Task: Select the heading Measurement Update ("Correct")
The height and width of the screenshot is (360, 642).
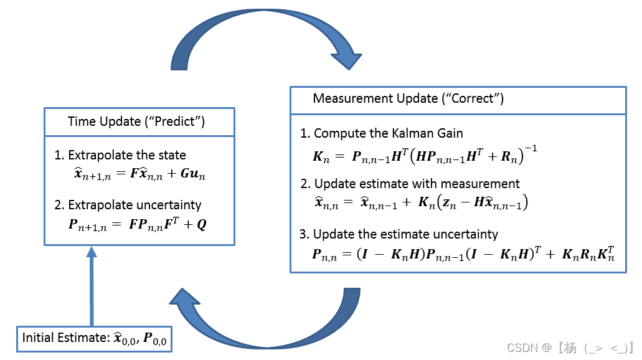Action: click(408, 98)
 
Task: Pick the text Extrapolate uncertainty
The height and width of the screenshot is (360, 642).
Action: click(135, 204)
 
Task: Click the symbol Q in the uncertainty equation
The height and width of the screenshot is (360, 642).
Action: click(202, 224)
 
